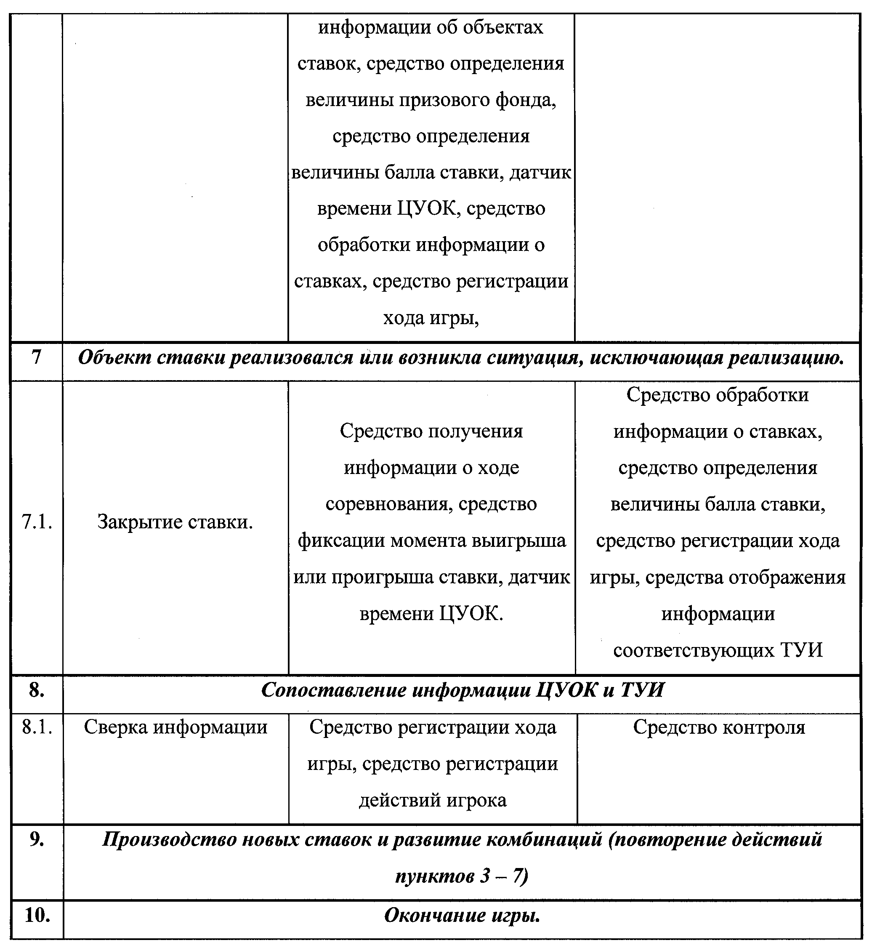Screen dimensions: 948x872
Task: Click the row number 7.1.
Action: (37, 522)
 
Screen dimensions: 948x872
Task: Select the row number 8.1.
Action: (37, 727)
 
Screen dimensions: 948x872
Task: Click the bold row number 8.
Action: (37, 690)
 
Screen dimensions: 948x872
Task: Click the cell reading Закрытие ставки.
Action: (175, 522)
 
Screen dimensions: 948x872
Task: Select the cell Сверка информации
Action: (175, 727)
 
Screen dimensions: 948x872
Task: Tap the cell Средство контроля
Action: (719, 727)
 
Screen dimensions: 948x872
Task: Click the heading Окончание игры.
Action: (462, 916)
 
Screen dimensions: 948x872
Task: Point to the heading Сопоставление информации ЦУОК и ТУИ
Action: (462, 690)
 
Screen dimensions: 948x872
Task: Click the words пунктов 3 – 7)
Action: (462, 876)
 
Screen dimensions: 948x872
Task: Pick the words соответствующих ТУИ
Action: (718, 650)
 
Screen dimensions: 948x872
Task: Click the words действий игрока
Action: (433, 800)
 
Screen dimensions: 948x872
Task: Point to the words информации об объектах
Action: (431, 27)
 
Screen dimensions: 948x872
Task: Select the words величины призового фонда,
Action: (431, 100)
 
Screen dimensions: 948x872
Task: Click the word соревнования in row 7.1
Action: (388, 504)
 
